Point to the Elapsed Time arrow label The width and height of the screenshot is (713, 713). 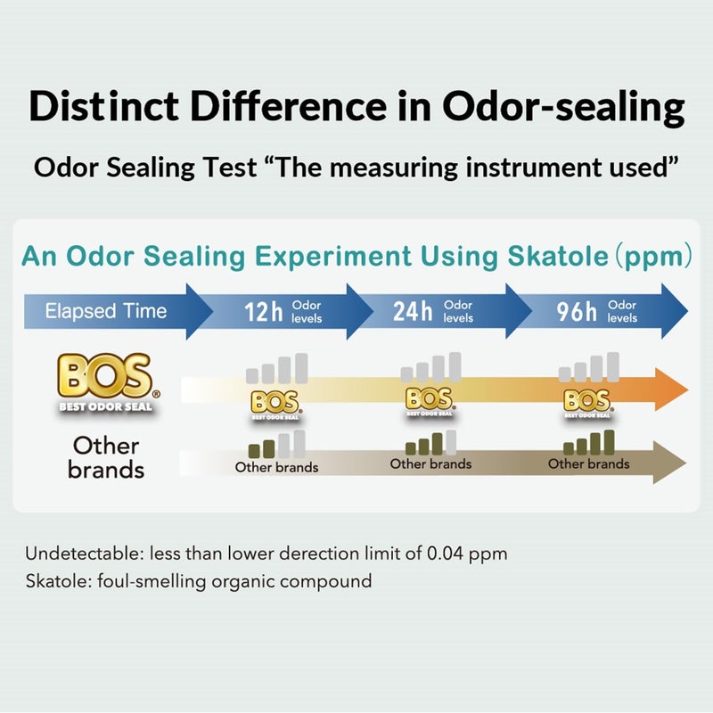pyautogui.click(x=106, y=311)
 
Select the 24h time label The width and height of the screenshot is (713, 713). pyautogui.click(x=414, y=312)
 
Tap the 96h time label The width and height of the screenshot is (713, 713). pyautogui.click(x=578, y=312)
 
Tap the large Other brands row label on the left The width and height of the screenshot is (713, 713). pyautogui.click(x=106, y=457)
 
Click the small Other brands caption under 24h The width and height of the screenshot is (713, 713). pyautogui.click(x=430, y=463)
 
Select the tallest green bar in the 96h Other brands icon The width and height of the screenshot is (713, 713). pyautogui.click(x=609, y=442)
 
